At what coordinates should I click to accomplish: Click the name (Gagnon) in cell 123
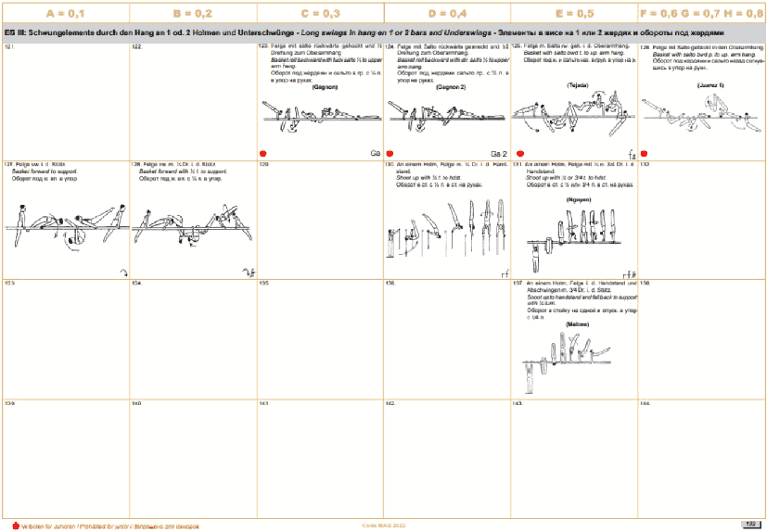[325, 87]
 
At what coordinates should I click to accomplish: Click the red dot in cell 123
[263, 154]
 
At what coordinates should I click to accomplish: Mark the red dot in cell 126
[644, 154]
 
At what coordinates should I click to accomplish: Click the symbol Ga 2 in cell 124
[500, 154]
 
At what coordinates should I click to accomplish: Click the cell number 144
[646, 404]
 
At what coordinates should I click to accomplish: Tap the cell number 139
[9, 404]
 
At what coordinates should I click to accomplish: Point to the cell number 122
[136, 45]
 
